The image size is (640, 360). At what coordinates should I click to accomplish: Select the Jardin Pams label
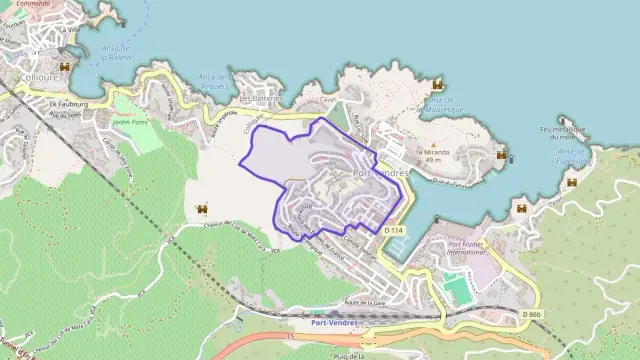point(131,122)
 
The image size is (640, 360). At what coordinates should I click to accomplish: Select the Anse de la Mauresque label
point(443,105)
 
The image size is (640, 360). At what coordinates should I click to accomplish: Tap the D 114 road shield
point(393,230)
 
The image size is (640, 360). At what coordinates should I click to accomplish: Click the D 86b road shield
point(532,315)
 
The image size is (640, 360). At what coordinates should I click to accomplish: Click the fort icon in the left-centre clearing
point(203,208)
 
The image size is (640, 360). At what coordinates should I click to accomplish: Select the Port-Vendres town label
point(382,172)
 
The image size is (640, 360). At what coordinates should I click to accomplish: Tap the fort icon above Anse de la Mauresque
point(437,86)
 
